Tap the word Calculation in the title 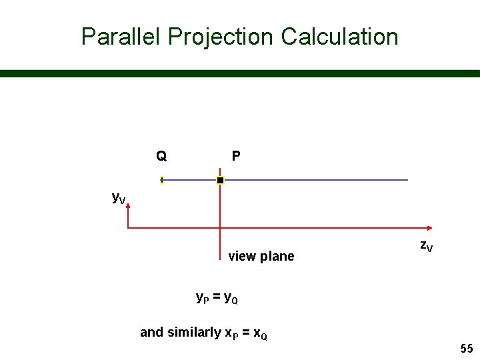(339, 37)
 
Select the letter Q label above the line (161, 157)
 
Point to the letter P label (236, 157)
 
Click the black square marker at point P (220, 180)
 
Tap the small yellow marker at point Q (162, 180)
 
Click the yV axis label (119, 198)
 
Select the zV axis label (426, 246)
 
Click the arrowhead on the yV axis (127, 207)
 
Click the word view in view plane (241, 257)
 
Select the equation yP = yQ (217, 298)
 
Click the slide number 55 (465, 349)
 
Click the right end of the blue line (407, 180)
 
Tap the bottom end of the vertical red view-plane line (220, 255)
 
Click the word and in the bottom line (151, 332)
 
